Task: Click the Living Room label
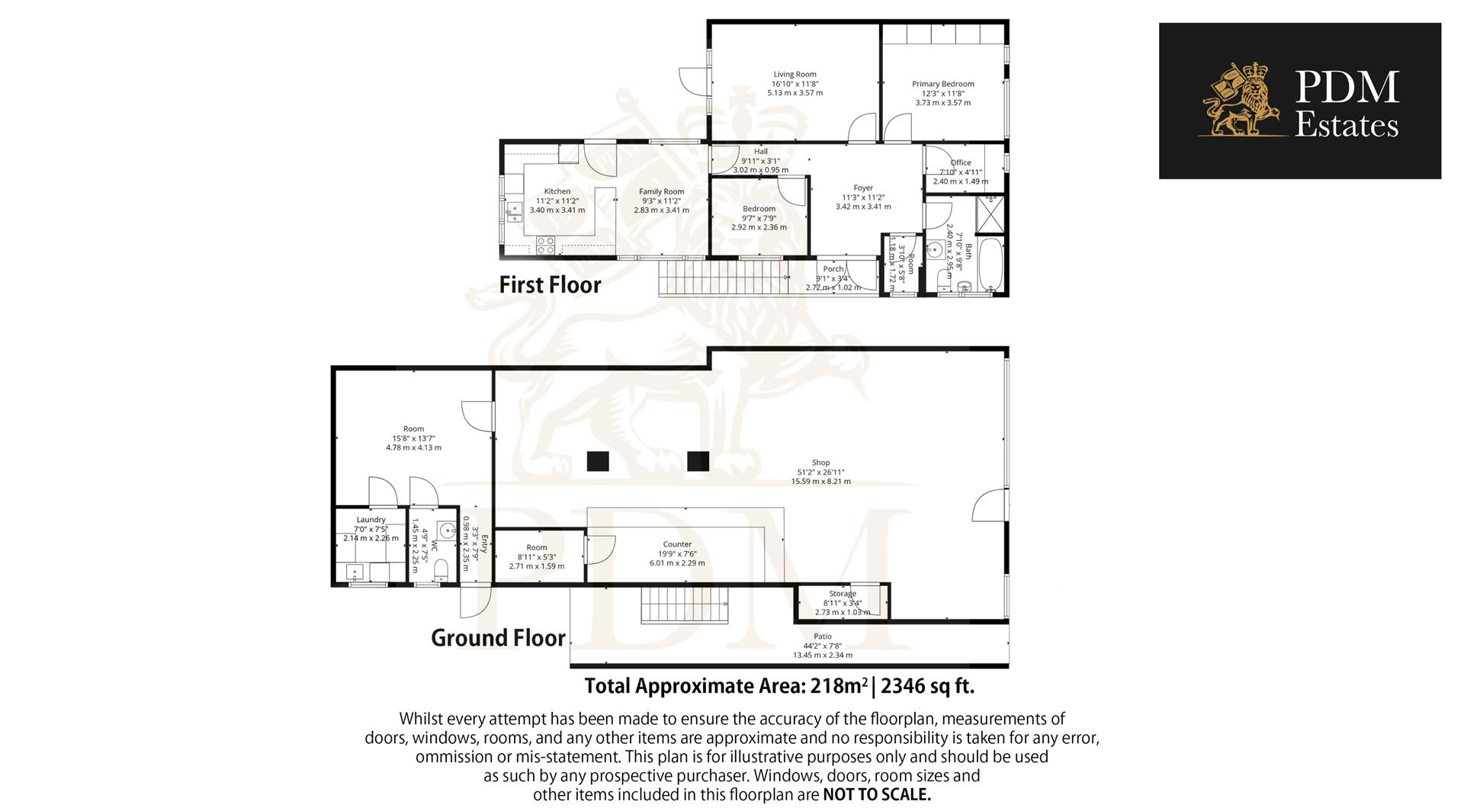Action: [795, 75]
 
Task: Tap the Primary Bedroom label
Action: [942, 84]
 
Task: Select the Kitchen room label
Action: [557, 191]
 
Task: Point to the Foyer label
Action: [863, 188]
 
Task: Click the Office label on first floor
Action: [961, 162]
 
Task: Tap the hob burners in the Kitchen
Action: [545, 245]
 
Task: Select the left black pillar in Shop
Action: [598, 461]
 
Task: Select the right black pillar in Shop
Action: [698, 461]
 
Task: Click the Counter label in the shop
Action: [677, 544]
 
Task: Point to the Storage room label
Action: [843, 593]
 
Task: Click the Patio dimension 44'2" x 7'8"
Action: [822, 646]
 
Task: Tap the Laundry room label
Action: [371, 520]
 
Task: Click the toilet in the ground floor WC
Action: [440, 572]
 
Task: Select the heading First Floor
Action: [550, 285]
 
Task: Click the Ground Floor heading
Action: [498, 638]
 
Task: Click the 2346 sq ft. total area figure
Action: [928, 686]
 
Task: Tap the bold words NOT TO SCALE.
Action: [877, 795]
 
